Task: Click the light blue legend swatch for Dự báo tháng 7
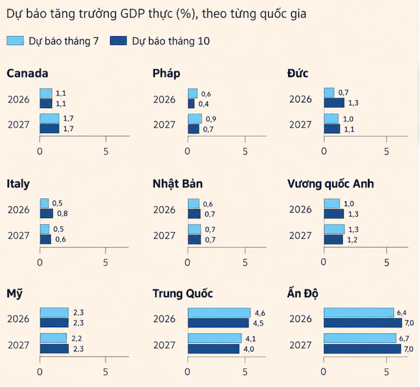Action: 15,41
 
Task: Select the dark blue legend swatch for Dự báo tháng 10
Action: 119,41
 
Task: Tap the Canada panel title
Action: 27,74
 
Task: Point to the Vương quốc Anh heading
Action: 331,184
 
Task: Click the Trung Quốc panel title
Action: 183,294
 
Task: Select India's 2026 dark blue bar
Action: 363,323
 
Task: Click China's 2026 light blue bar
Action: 219,313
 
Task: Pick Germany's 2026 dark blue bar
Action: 334,103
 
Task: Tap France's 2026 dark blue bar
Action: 191,103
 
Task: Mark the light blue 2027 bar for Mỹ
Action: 54,338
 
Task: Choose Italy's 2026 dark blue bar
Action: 47,213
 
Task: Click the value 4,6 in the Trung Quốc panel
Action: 260,313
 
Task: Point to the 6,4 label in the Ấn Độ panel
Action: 402,312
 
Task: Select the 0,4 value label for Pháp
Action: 204,104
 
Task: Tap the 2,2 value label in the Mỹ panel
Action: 77,339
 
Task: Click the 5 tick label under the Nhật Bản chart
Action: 245,263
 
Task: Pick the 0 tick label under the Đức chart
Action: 324,152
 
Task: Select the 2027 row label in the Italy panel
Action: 18,236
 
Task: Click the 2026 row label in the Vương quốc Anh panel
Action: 300,210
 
